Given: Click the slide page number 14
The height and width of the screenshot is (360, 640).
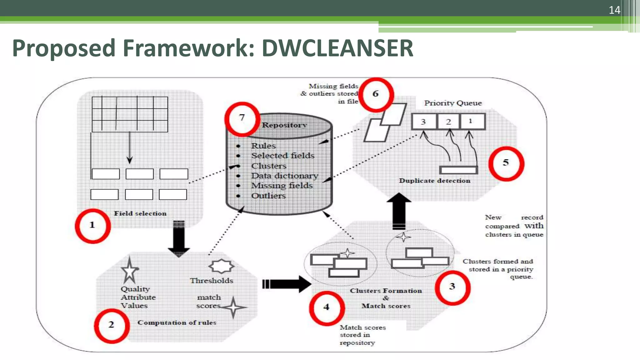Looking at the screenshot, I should coord(614,10).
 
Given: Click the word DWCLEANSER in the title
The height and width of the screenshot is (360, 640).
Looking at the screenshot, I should coord(337,48).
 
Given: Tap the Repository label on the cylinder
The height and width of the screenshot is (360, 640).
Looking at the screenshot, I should coord(284,125).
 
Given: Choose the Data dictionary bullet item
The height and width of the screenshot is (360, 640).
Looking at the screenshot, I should coord(284,176).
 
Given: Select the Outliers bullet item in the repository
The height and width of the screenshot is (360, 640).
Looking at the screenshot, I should coord(268,196).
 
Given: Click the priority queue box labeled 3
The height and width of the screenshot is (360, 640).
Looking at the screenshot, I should coord(423,122).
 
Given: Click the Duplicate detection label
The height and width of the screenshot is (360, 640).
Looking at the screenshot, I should coord(434,181).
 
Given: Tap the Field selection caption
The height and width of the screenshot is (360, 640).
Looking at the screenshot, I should coord(140,214).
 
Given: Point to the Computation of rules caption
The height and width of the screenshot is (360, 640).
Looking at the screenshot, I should coord(177,323).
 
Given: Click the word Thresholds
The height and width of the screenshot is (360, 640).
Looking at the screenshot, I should coord(212,281).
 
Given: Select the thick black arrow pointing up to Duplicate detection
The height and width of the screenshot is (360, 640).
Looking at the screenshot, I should coord(399,211).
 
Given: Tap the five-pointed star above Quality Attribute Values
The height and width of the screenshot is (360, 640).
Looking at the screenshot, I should coord(129,270).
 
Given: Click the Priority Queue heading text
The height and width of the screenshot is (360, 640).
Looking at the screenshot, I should coord(453,103).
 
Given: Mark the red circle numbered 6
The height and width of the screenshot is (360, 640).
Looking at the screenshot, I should coord(376,94).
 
